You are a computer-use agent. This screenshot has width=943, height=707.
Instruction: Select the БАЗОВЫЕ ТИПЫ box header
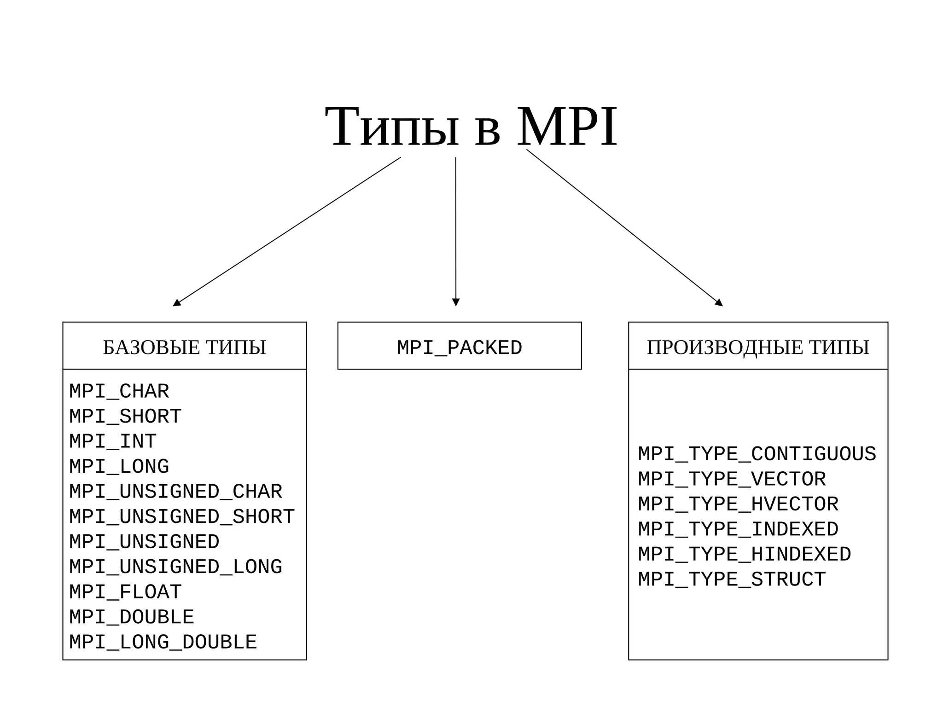pos(184,348)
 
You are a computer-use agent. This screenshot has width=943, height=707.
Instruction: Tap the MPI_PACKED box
pos(459,348)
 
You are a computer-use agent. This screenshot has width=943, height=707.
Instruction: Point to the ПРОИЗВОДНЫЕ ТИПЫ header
pos(757,348)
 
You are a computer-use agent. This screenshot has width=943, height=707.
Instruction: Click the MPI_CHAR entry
pos(119,392)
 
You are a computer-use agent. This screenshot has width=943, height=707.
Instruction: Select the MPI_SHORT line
pos(125,417)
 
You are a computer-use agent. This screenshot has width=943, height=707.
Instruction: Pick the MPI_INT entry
pos(113,442)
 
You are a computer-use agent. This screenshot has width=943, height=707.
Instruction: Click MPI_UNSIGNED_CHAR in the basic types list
pos(175,492)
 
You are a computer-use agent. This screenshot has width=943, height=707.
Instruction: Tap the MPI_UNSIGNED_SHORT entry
pos(182,517)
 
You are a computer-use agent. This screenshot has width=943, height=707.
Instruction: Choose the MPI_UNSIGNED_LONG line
pos(175,567)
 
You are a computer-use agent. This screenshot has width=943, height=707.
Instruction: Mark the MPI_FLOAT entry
pos(125,592)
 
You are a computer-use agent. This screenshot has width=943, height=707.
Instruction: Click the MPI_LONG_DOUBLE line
pos(163,643)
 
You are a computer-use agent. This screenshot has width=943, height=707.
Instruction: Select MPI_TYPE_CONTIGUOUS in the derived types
pos(757,454)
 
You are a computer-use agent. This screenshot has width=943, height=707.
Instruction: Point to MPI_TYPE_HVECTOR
pos(738,504)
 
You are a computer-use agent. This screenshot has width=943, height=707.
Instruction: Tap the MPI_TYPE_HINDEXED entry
pos(744,555)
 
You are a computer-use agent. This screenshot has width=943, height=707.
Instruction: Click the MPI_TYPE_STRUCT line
pos(732,580)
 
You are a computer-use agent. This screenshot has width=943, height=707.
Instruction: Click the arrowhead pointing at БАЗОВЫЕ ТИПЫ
pos(176,303)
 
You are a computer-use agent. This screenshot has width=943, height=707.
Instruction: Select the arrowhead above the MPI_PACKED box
pos(456,302)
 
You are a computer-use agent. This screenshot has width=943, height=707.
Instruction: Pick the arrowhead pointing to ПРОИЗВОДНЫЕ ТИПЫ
pos(719,303)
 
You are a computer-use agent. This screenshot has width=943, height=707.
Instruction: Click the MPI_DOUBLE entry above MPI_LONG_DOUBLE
pos(132,617)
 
